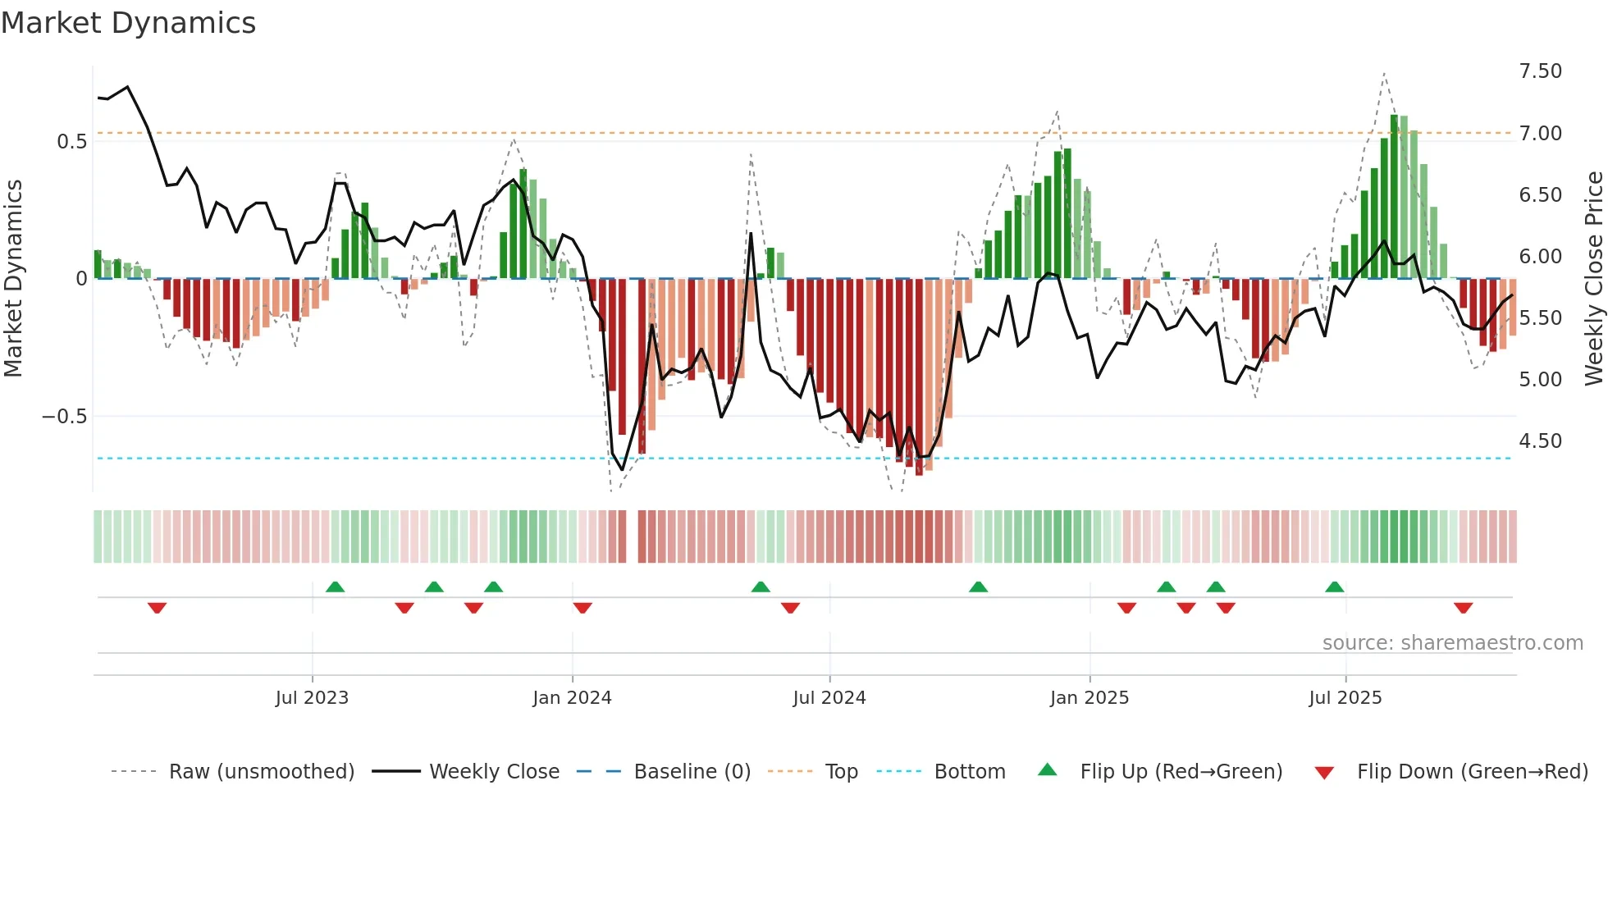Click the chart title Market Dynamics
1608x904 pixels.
click(x=128, y=23)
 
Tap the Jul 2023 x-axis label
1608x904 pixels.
click(x=312, y=698)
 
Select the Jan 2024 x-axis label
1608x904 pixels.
click(x=572, y=698)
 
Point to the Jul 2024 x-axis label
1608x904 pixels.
click(x=829, y=698)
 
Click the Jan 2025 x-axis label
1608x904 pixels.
click(x=1090, y=698)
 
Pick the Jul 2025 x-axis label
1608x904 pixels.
click(x=1345, y=698)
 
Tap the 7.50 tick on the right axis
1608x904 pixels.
click(x=1540, y=71)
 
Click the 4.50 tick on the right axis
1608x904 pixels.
click(x=1540, y=441)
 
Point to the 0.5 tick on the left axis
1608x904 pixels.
click(x=71, y=142)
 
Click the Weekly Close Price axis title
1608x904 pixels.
click(x=1593, y=278)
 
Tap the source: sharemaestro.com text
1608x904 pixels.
click(x=1452, y=643)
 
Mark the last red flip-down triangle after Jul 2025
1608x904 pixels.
click(x=1463, y=608)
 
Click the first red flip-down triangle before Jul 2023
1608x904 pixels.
click(x=157, y=608)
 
